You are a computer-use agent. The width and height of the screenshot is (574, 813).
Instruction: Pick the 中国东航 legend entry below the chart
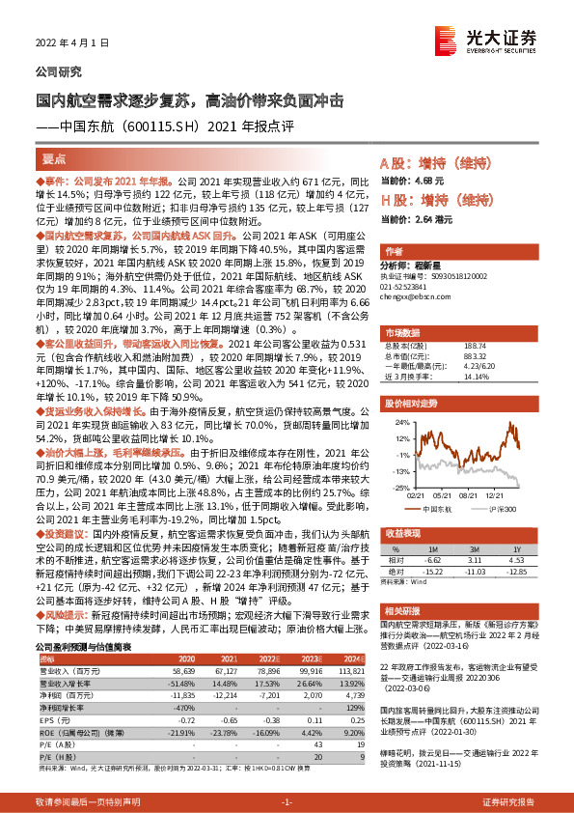(430, 508)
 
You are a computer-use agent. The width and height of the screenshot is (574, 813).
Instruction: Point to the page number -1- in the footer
(287, 801)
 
